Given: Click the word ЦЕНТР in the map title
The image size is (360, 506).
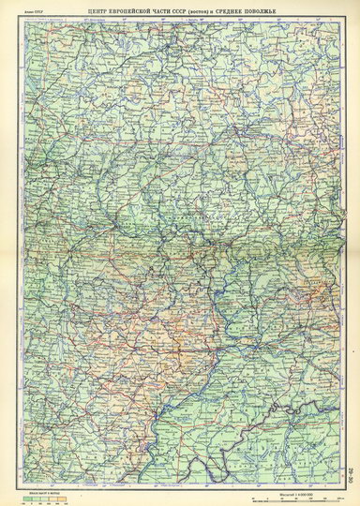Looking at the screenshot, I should click(x=94, y=8).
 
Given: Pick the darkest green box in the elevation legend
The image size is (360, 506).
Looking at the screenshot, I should click(x=28, y=498).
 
